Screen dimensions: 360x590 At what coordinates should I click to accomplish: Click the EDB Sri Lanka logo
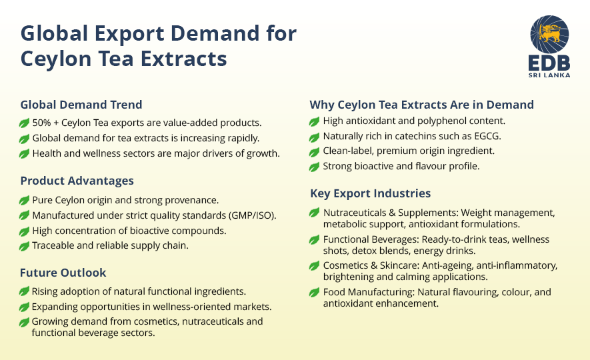point(549,47)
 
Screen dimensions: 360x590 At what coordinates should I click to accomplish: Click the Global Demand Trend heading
point(81,105)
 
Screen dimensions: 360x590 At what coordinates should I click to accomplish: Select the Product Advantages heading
point(77,181)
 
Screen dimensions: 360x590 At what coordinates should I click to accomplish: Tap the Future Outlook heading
point(63,273)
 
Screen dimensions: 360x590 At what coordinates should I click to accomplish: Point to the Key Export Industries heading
point(370,193)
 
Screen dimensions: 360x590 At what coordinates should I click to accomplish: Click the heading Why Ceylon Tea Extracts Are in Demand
point(421,105)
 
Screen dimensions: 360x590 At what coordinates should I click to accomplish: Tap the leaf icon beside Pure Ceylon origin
point(25,200)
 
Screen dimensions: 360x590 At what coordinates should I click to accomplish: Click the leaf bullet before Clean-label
point(315,151)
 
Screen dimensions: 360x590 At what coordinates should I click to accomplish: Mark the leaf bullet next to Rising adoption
point(25,291)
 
